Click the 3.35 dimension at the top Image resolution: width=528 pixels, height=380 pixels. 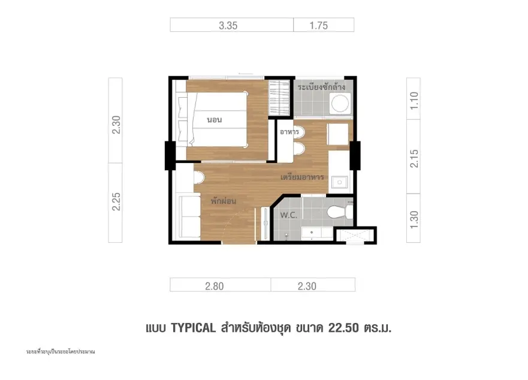point(228,26)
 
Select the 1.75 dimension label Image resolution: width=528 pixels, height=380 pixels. point(319,26)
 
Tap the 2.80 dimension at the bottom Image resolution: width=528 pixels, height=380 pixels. point(214,286)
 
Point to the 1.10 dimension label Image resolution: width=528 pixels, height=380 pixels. point(414,100)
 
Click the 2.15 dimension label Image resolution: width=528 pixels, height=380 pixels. point(414,159)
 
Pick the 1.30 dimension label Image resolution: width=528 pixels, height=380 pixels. point(414,219)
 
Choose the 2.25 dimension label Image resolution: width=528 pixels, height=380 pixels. point(116,202)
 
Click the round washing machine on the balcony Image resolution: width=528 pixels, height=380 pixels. point(340,103)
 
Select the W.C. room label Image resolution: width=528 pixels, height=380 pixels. point(289,215)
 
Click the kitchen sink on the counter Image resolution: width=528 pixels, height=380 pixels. point(340,182)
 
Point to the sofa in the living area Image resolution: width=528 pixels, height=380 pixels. point(189,216)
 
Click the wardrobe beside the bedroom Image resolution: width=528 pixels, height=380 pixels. point(279,98)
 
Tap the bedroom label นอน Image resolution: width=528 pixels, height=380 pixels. point(215,120)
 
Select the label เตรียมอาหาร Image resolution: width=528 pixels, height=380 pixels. point(303,177)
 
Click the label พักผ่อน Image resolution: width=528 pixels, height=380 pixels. point(224,201)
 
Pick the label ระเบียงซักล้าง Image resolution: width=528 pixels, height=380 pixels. point(321,87)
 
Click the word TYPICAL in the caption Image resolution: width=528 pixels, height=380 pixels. point(194,328)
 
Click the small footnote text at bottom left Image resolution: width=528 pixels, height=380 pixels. point(61,352)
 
